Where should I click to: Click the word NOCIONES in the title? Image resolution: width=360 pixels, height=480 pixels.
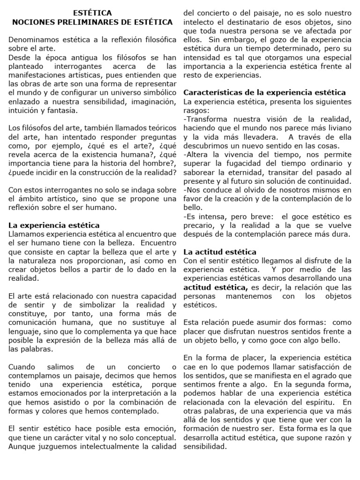pyautogui.click(x=32, y=22)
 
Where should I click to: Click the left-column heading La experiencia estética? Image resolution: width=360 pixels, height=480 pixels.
pyautogui.click(x=54, y=225)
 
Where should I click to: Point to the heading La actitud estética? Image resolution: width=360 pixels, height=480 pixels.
pyautogui.click(x=220, y=252)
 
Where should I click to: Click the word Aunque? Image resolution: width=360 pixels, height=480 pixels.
pyautogui.click(x=22, y=446)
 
